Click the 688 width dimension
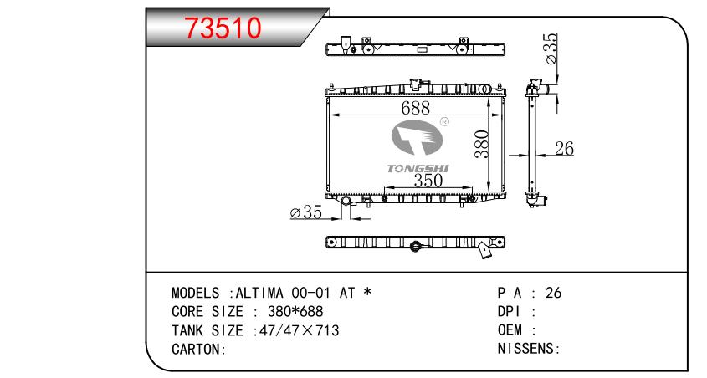click(x=415, y=108)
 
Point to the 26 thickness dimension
click(x=565, y=149)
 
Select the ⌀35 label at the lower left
click(x=305, y=213)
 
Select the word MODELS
click(x=197, y=294)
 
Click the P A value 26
click(x=553, y=294)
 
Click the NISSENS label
click(x=527, y=349)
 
